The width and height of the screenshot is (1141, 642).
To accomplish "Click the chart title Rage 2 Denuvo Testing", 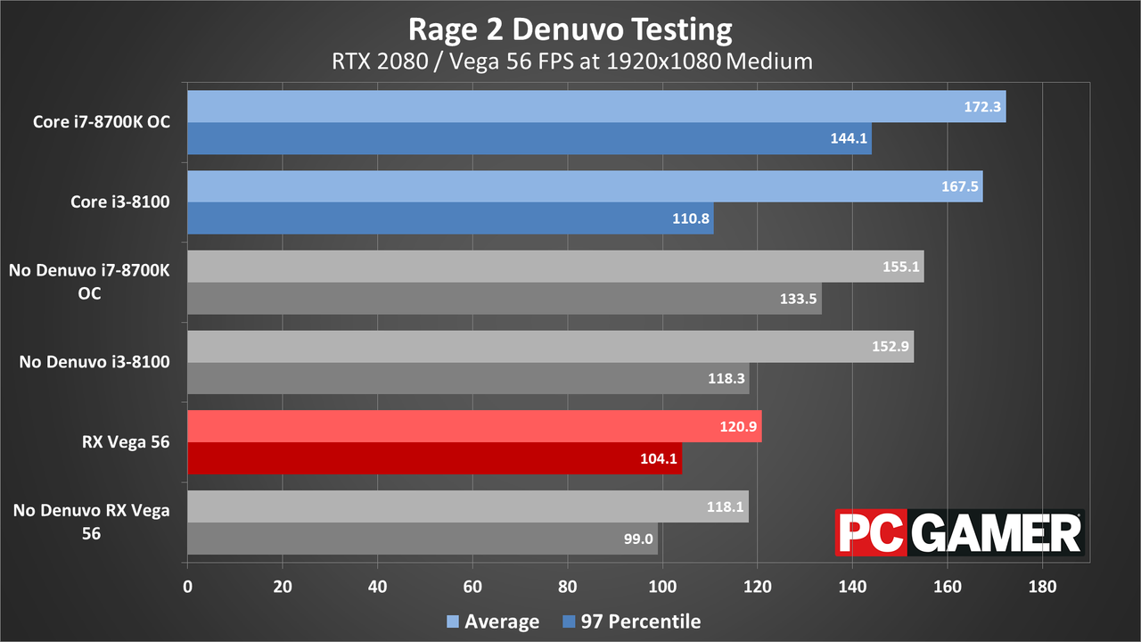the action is pyautogui.click(x=570, y=29).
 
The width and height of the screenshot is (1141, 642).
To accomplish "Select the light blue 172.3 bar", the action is pyautogui.click(x=596, y=106).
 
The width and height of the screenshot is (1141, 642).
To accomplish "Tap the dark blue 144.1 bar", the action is pyautogui.click(x=529, y=138).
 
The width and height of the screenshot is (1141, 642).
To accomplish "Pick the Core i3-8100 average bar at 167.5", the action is pyautogui.click(x=586, y=186).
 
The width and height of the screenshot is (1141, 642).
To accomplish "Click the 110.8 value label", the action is pyautogui.click(x=691, y=218).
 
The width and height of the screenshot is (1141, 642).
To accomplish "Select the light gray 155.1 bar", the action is pyautogui.click(x=555, y=266).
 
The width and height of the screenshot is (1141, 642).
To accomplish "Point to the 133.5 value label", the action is pyautogui.click(x=798, y=299).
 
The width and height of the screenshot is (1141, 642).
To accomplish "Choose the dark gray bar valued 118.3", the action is pyautogui.click(x=468, y=378).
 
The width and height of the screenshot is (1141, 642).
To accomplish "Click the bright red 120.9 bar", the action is pyautogui.click(x=475, y=426).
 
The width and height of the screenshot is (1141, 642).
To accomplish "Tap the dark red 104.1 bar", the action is pyautogui.click(x=434, y=458).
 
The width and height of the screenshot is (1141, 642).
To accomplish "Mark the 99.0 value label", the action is pyautogui.click(x=638, y=539).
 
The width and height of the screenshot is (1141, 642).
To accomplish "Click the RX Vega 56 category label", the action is pyautogui.click(x=126, y=441).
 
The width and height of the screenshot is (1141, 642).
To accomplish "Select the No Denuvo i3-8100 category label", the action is pyautogui.click(x=94, y=362).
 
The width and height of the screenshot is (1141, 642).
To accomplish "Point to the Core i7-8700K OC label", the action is pyautogui.click(x=102, y=122).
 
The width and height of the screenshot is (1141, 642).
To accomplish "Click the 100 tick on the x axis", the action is pyautogui.click(x=662, y=587).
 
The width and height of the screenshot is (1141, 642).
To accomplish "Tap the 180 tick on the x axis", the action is pyautogui.click(x=1042, y=587).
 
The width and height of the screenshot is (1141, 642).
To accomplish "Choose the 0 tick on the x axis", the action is pyautogui.click(x=187, y=587).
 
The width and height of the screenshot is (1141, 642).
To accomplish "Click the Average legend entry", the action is pyautogui.click(x=493, y=621).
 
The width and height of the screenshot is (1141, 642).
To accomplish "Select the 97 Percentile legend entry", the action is pyautogui.click(x=632, y=621).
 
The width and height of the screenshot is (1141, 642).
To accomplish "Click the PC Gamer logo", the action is pyautogui.click(x=960, y=532).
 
